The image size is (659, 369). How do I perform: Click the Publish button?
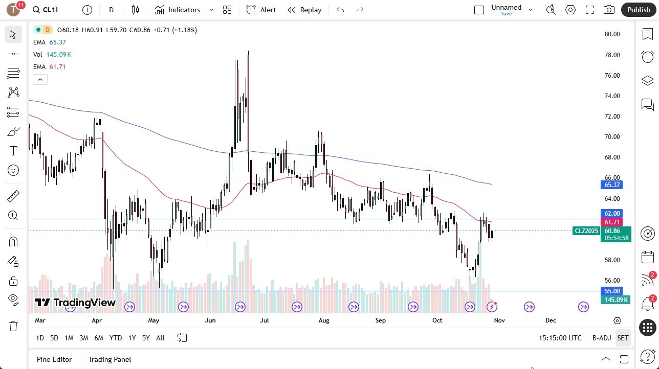638,10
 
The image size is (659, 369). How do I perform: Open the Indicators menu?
184,10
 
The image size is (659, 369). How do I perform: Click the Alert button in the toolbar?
261,10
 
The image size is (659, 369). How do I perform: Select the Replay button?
304,10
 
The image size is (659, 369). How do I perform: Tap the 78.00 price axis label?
612,55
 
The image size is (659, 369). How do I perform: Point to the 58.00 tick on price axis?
612,260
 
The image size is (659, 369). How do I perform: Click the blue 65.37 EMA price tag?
612,185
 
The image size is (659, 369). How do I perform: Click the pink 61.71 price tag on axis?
612,222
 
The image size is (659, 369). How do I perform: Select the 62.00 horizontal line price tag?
612,214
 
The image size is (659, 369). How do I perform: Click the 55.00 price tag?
612,291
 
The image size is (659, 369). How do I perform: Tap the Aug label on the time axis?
324,320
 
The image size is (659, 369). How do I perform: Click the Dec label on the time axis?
551,320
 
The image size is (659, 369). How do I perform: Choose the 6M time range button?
99,338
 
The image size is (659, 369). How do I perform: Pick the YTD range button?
116,338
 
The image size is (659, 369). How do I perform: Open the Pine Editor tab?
54,359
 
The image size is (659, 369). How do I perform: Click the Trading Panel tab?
109,359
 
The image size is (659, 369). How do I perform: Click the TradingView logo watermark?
75,303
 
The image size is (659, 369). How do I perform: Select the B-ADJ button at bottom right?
602,338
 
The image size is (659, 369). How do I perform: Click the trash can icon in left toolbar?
13,326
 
